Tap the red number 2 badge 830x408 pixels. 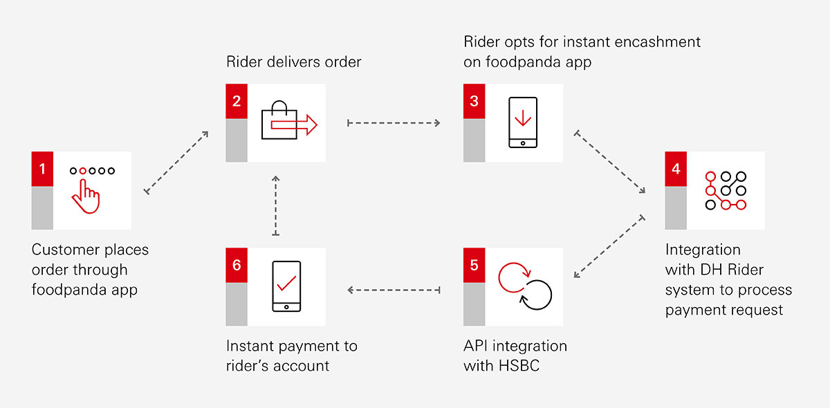pyautogui.click(x=237, y=102)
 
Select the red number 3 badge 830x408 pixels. pyautogui.click(x=474, y=102)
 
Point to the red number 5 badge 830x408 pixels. pyautogui.click(x=474, y=266)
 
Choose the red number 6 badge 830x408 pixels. pyautogui.click(x=237, y=266)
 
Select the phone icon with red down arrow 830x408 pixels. pyautogui.click(x=522, y=122)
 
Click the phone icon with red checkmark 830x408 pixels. pyautogui.click(x=286, y=286)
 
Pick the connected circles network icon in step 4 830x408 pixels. pyautogui.click(x=725, y=189)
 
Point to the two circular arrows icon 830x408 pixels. pyautogui.click(x=525, y=286)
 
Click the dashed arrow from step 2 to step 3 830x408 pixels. pyautogui.click(x=394, y=123)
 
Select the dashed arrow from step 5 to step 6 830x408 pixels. pyautogui.click(x=394, y=290)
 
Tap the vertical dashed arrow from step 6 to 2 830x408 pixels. pyautogui.click(x=276, y=205)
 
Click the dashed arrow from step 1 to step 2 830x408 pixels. pyautogui.click(x=176, y=161)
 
